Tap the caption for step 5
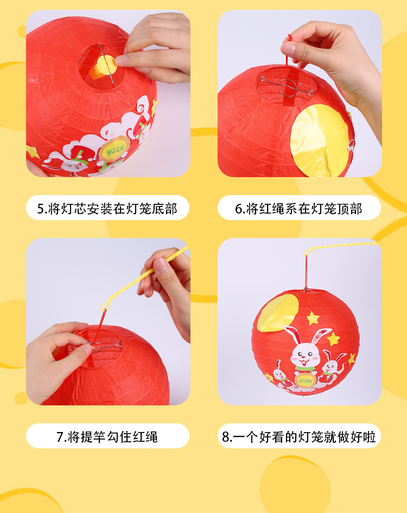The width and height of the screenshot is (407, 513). pyautogui.click(x=107, y=209)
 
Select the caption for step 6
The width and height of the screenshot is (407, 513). pyautogui.click(x=299, y=209)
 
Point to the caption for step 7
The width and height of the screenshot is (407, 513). pyautogui.click(x=107, y=436)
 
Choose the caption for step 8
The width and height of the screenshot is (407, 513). pyautogui.click(x=299, y=436)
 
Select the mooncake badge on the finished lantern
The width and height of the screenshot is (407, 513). pyautogui.click(x=305, y=381)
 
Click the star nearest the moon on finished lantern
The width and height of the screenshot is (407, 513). pyautogui.click(x=313, y=318)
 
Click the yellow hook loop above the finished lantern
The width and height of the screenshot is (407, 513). pyautogui.click(x=307, y=253)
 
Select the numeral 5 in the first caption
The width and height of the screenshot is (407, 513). pyautogui.click(x=41, y=209)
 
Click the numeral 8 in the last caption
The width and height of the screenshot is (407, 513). pyautogui.click(x=225, y=437)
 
